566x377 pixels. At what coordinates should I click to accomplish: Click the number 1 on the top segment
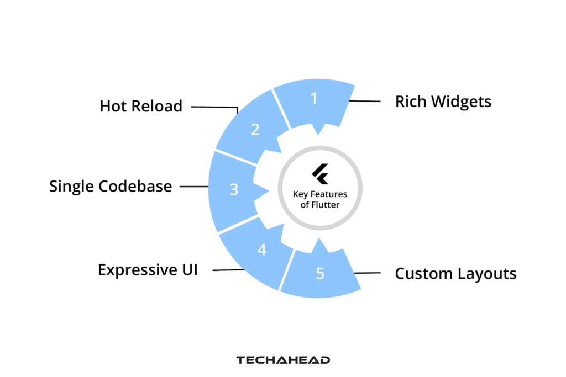[x=314, y=98]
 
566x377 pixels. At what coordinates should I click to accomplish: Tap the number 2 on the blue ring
[x=255, y=130]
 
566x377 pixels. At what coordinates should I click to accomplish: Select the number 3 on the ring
[x=234, y=189]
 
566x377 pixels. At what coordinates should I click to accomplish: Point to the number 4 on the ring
[x=262, y=249]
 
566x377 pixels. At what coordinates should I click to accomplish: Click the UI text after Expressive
[x=188, y=270]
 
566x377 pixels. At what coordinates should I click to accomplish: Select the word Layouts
[x=486, y=274]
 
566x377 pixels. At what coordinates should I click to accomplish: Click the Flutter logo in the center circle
[x=320, y=174]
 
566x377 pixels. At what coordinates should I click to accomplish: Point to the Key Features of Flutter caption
[x=319, y=199]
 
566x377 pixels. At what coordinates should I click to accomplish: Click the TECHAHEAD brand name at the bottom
[x=283, y=360]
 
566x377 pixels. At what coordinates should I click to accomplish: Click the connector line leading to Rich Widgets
[x=365, y=101]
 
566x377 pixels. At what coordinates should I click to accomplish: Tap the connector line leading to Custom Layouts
[x=367, y=273]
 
